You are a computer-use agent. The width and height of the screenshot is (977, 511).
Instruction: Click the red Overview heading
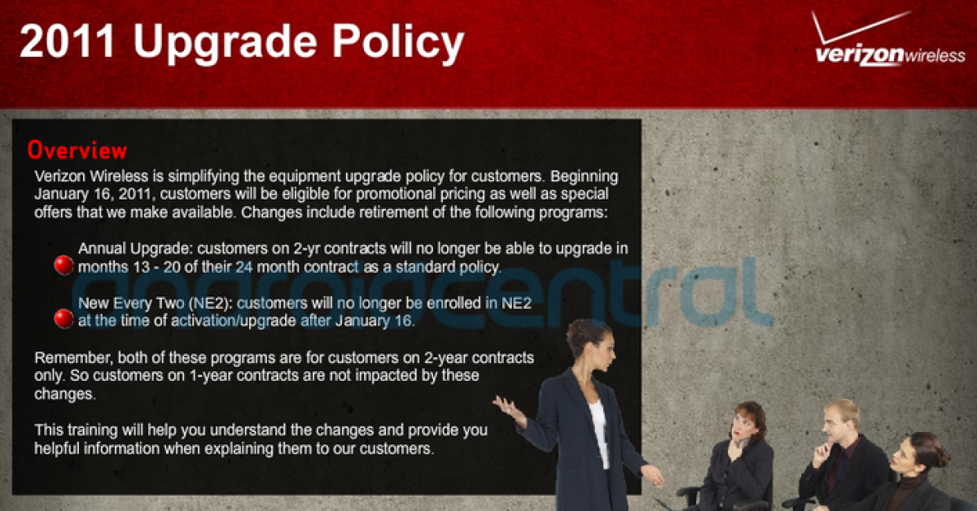77,151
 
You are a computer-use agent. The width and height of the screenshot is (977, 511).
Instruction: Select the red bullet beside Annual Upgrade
64,264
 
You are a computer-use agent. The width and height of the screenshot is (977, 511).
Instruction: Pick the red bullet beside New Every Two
64,318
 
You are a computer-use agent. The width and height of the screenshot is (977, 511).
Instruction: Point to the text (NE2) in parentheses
210,304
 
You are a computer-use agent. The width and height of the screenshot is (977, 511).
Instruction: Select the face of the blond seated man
837,426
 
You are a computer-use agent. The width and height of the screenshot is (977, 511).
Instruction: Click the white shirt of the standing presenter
599,431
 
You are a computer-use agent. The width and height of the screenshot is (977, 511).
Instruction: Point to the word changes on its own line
64,394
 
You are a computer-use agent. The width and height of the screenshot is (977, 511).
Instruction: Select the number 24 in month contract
243,267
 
